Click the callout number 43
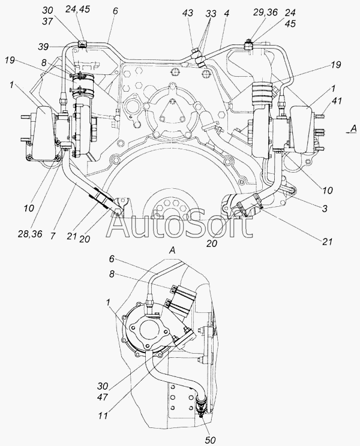click(188, 13)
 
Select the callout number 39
click(43, 46)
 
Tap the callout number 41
click(336, 101)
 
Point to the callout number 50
click(211, 439)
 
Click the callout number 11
click(103, 415)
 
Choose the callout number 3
click(325, 209)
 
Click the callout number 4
click(226, 13)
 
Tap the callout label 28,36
click(29, 234)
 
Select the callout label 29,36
click(265, 13)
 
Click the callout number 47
click(102, 396)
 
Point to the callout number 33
click(211, 13)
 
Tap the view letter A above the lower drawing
click(172, 251)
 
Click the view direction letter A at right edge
click(353, 129)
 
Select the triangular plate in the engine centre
click(172, 111)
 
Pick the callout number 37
click(48, 22)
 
